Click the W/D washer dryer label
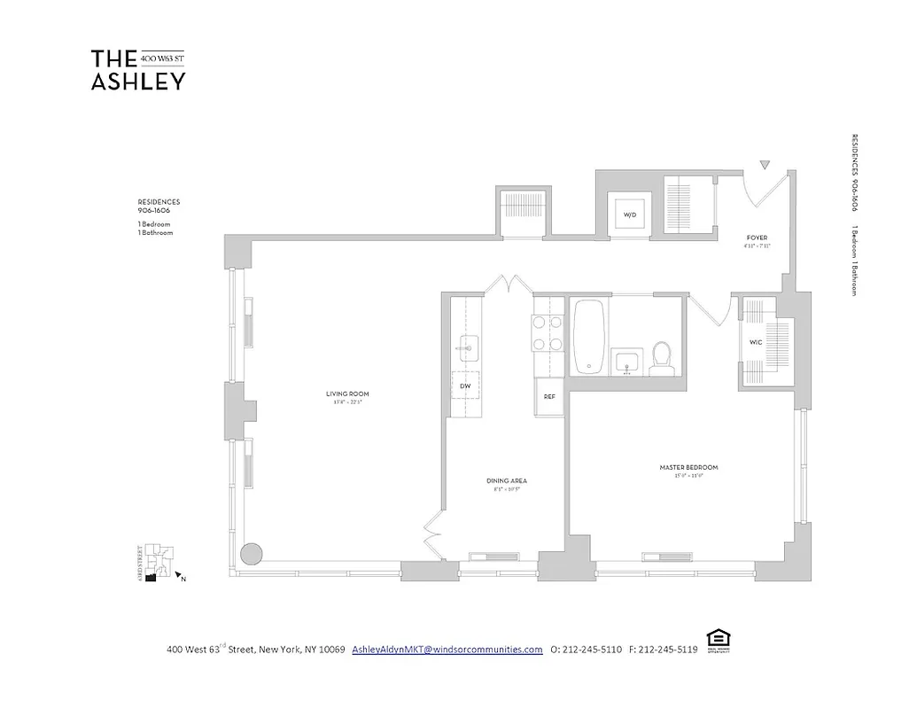630,214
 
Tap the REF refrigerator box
549,396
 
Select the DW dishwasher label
464,386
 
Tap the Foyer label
756,238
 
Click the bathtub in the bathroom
589,337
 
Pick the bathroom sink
628,362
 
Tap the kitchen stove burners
548,334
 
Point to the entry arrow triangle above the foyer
766,164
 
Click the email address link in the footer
447,649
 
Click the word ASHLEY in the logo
138,81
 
